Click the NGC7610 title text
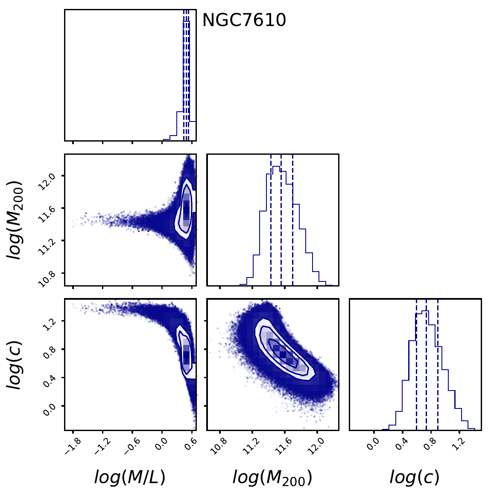click(x=244, y=20)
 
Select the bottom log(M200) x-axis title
click(x=272, y=478)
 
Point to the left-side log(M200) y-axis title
click(x=15, y=220)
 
